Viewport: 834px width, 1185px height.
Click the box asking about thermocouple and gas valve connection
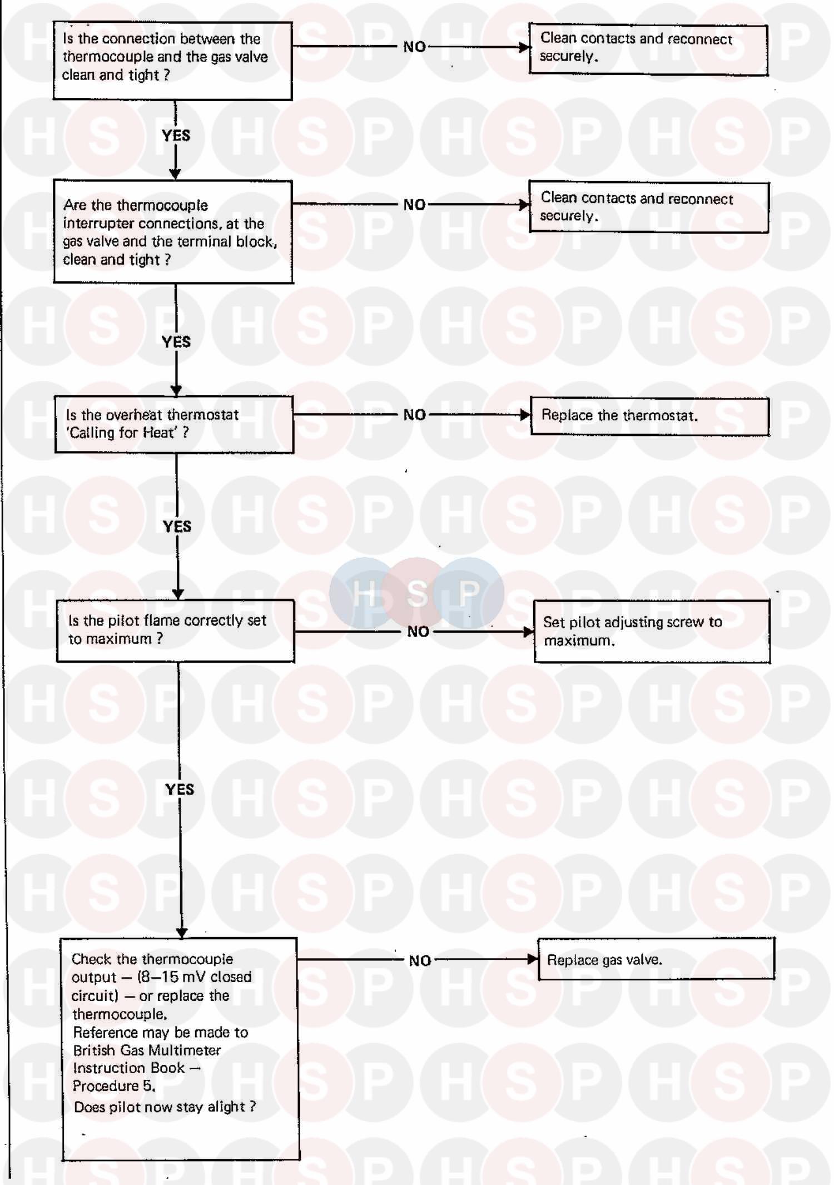(x=172, y=61)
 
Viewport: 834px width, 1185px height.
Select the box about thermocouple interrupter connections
(x=173, y=231)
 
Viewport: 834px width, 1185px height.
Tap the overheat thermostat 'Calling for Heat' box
(x=174, y=424)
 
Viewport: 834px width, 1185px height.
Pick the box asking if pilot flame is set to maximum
(x=176, y=631)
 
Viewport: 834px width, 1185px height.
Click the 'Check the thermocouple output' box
(x=180, y=1049)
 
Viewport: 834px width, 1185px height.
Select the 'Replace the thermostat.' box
(x=649, y=416)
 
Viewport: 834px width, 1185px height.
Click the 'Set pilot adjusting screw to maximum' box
(x=652, y=631)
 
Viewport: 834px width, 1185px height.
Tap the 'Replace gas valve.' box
(x=656, y=959)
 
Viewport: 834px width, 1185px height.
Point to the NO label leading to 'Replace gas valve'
(x=420, y=960)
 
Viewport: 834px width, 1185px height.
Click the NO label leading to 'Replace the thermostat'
(x=415, y=415)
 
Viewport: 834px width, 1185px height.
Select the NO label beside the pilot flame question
(x=418, y=631)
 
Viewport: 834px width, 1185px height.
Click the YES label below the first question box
(x=176, y=136)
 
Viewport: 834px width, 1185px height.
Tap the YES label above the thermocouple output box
(x=180, y=789)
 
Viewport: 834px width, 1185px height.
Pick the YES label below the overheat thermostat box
(x=177, y=526)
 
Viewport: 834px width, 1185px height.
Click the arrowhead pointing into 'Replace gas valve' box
(x=533, y=959)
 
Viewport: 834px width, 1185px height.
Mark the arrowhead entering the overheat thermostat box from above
(x=176, y=391)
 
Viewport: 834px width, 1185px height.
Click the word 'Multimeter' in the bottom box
(x=190, y=1050)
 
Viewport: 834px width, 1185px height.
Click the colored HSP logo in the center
(x=416, y=593)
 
